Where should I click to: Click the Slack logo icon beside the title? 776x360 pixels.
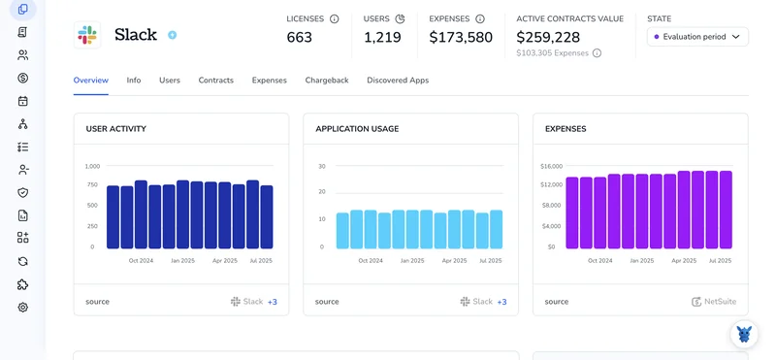pos(87,35)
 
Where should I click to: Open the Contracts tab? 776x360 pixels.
pos(215,81)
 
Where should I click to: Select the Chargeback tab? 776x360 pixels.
pos(327,81)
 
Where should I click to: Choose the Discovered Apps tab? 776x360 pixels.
pos(398,81)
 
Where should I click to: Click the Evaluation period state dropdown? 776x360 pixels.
pos(697,37)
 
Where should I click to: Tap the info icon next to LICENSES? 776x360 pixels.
pos(335,18)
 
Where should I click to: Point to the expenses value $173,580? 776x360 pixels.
pos(461,37)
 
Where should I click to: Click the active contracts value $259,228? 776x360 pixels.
pos(548,37)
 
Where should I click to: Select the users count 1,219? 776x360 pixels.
pos(382,37)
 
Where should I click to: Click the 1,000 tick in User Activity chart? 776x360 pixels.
pos(92,166)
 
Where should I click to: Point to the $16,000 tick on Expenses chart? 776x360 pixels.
pos(551,166)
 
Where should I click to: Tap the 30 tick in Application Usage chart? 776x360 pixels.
pos(322,166)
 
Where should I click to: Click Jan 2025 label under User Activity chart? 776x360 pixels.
pos(183,260)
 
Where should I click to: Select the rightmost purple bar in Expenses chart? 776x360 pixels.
pos(726,210)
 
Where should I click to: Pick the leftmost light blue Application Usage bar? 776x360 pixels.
pos(342,231)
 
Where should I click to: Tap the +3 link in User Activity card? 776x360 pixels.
pos(273,302)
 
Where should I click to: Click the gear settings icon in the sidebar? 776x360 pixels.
pos(22,308)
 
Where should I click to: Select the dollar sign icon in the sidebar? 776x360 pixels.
pos(22,78)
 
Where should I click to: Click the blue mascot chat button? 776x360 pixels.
pos(744,334)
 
